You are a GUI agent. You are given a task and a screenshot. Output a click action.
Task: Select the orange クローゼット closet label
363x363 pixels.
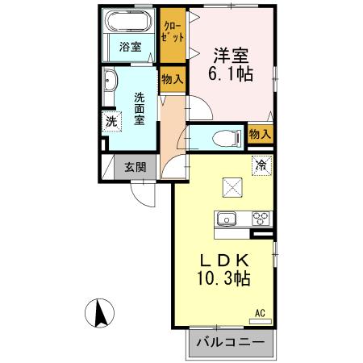coord(172,32)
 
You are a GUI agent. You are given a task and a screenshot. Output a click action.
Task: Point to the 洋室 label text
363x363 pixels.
coord(230,56)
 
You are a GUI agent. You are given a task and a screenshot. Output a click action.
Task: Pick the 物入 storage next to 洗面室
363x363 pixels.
coord(171,80)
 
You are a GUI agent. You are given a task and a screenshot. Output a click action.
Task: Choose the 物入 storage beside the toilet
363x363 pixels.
coord(260,135)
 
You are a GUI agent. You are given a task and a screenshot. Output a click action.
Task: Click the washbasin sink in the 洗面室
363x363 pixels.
coord(111,81)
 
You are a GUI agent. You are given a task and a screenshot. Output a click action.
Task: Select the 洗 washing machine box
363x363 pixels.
coord(111,123)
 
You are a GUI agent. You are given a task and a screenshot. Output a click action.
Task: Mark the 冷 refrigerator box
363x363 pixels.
coord(261,165)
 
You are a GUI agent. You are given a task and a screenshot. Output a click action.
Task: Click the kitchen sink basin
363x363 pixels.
coord(226,218)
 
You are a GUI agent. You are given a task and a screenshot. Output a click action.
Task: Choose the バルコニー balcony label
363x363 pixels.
coord(230,343)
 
